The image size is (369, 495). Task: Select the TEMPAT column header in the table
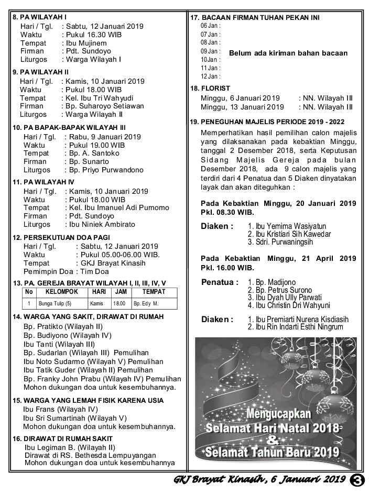tap(154, 292)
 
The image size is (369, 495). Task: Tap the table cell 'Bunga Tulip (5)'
tap(55, 303)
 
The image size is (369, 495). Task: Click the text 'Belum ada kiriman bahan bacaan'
tap(288, 53)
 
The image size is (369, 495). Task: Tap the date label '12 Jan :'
tap(210, 76)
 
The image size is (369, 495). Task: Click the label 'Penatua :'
tap(220, 282)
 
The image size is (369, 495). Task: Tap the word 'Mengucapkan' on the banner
tap(279, 414)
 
